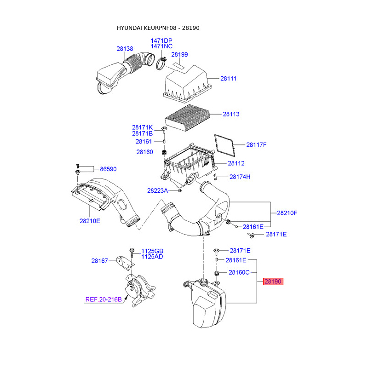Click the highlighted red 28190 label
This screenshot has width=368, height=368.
click(x=273, y=282)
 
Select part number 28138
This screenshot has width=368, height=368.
click(x=125, y=48)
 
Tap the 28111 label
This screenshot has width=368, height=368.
click(x=228, y=79)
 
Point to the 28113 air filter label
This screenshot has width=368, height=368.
click(x=231, y=114)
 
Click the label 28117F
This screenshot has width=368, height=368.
click(x=256, y=145)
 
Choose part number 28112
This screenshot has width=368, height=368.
click(x=236, y=163)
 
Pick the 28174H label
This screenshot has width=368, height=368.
click(x=240, y=177)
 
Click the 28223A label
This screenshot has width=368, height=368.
click(x=158, y=190)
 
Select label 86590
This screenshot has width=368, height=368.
click(x=108, y=169)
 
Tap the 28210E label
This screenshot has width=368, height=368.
click(x=90, y=221)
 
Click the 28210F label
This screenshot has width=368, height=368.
click(x=287, y=213)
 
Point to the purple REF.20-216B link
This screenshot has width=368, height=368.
click(x=103, y=299)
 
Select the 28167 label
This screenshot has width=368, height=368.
click(x=99, y=261)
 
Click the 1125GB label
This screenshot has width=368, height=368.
click(x=152, y=251)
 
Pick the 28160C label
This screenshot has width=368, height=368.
click(x=238, y=272)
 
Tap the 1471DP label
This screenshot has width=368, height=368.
click(x=161, y=41)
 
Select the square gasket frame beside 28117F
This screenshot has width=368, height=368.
click(x=225, y=144)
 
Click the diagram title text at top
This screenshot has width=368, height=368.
click(x=158, y=28)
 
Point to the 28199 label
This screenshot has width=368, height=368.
click(x=180, y=54)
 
